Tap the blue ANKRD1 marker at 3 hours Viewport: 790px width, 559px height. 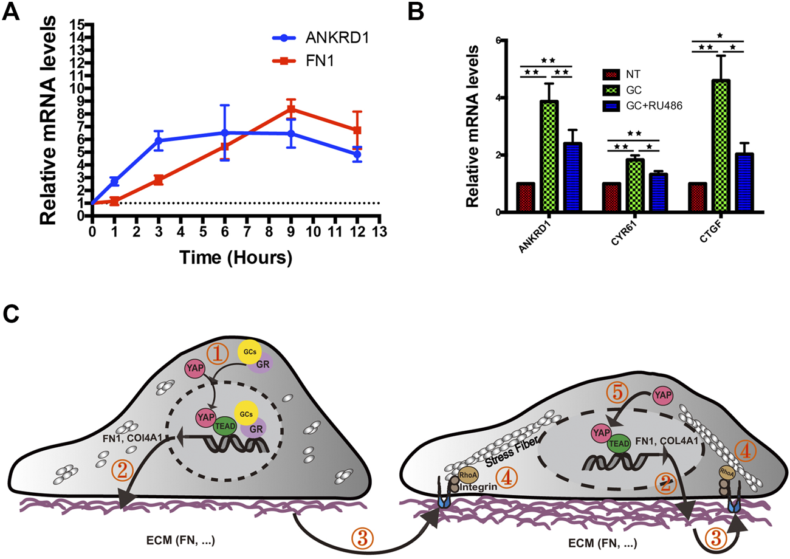159,140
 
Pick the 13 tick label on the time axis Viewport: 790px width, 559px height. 379,231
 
